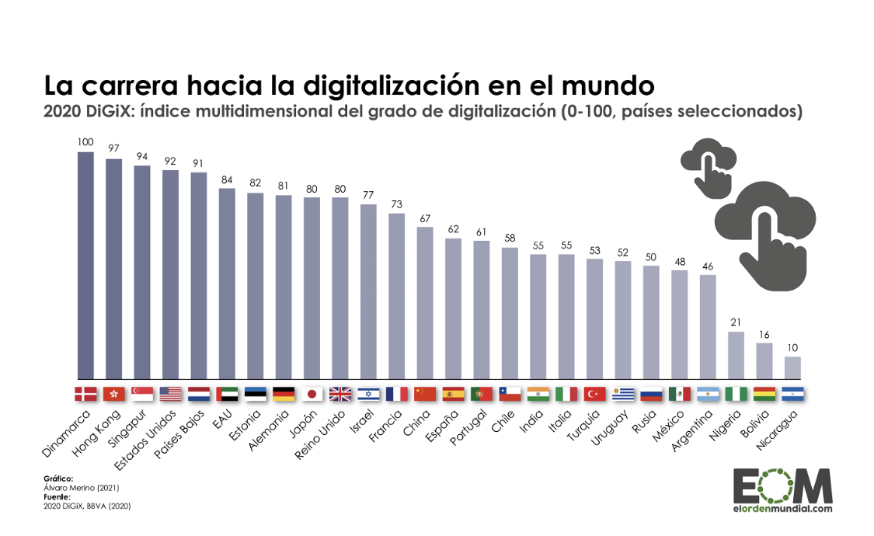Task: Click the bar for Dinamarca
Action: (85, 265)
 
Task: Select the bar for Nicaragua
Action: (792, 367)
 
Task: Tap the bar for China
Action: (425, 302)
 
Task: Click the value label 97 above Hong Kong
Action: (113, 148)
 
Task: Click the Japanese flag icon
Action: (312, 394)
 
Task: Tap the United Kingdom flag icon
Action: (340, 394)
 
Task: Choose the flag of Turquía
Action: (594, 394)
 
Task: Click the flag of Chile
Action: (510, 394)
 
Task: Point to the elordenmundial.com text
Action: (782, 509)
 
